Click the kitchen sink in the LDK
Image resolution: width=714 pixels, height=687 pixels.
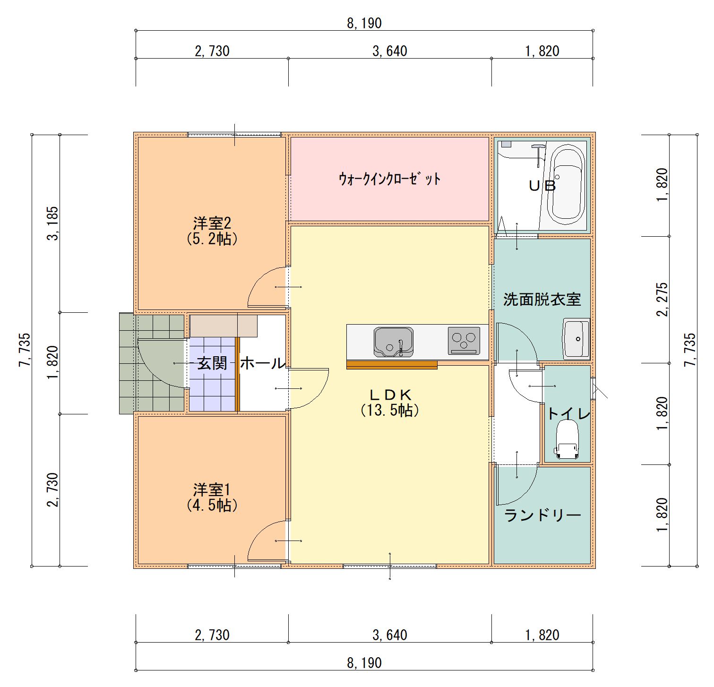394,342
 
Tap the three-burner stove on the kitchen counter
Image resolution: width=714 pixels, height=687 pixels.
464,341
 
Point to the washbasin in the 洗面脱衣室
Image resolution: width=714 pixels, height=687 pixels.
576,339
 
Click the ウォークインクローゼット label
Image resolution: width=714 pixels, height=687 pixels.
390,179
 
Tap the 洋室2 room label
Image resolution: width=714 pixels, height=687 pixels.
212,223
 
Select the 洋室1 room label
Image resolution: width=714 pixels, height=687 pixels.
212,489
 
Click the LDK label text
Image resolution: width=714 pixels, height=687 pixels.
390,394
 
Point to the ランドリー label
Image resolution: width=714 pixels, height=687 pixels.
543,515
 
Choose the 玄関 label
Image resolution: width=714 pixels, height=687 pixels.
213,363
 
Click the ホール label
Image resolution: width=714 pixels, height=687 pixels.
263,363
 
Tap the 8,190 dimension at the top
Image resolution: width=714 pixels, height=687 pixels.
364,23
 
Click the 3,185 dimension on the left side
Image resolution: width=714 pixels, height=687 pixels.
53,223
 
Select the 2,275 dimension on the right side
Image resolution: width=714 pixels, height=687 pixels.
662,300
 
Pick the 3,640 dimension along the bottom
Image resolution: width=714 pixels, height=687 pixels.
390,635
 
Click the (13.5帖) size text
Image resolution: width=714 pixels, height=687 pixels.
390,410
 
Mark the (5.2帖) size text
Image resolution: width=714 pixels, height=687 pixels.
212,239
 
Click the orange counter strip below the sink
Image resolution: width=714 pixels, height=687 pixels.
392,365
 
